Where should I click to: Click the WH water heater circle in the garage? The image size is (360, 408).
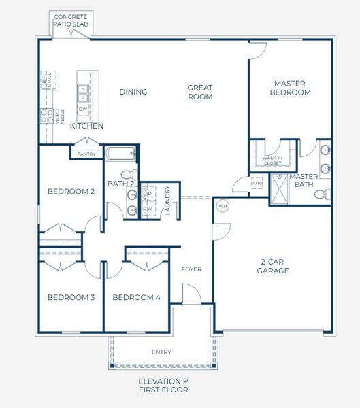click(223, 205)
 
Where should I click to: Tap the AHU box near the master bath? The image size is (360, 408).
click(257, 183)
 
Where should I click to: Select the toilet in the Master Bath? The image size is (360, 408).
click(320, 194)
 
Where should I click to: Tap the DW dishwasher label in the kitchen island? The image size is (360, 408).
click(83, 109)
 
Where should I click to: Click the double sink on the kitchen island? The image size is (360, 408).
click(83, 90)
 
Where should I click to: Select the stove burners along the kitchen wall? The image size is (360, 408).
click(46, 116)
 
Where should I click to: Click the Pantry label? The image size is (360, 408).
click(86, 154)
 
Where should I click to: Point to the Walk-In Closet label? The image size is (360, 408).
click(272, 161)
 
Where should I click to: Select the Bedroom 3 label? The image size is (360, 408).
click(71, 297)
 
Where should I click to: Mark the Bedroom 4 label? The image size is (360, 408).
click(136, 297)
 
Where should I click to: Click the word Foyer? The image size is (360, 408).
click(191, 269)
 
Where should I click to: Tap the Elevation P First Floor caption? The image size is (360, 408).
click(163, 386)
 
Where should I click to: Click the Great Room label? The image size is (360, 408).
click(200, 92)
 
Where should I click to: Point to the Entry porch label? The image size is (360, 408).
click(161, 352)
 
